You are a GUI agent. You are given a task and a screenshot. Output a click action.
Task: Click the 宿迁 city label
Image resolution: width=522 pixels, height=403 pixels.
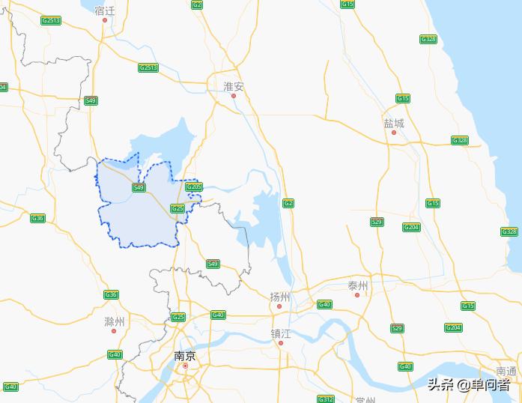click(x=105, y=10)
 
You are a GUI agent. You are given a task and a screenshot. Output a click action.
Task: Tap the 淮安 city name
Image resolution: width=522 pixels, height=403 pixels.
click(x=234, y=86)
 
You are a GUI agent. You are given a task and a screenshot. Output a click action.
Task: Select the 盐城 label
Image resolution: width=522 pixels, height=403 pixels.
click(x=394, y=123)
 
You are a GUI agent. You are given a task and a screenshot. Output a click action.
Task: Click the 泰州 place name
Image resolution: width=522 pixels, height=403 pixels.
click(x=358, y=285)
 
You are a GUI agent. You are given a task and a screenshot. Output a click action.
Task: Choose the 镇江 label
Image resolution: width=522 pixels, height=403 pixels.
click(x=281, y=333)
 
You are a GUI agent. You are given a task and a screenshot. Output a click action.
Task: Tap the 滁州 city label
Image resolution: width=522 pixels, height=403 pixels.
click(x=115, y=322)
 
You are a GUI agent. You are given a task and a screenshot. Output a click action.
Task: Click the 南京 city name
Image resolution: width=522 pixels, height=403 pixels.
click(x=185, y=356)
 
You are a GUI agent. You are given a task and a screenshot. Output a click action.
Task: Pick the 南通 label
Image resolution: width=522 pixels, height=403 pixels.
click(x=506, y=372)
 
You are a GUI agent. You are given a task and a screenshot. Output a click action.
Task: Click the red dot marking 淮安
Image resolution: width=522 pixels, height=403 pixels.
click(x=234, y=96)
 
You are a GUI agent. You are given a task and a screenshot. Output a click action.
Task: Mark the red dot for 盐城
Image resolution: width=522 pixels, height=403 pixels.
click(x=394, y=133)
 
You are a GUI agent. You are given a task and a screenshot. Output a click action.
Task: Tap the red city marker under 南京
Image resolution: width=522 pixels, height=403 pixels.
click(x=185, y=366)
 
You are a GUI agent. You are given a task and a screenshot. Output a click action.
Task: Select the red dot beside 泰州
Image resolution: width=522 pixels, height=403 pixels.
click(x=358, y=295)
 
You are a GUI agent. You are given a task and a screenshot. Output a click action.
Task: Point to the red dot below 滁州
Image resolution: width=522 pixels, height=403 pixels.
click(x=115, y=332)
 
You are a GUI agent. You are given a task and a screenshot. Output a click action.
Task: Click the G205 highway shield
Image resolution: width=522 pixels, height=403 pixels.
click(x=193, y=187)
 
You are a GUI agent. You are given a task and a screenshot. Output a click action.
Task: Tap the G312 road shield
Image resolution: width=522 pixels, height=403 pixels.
click(x=325, y=399)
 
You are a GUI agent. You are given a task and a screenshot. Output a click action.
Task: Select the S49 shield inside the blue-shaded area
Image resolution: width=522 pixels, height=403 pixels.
click(x=139, y=187)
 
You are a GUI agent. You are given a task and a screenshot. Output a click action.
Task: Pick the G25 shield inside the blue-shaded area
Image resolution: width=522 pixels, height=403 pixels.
click(x=177, y=207)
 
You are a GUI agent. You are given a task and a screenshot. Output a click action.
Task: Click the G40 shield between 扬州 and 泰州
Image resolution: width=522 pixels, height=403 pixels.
click(x=324, y=304)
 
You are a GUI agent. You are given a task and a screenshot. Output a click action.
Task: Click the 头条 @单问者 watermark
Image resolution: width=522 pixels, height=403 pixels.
click(x=469, y=385)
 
